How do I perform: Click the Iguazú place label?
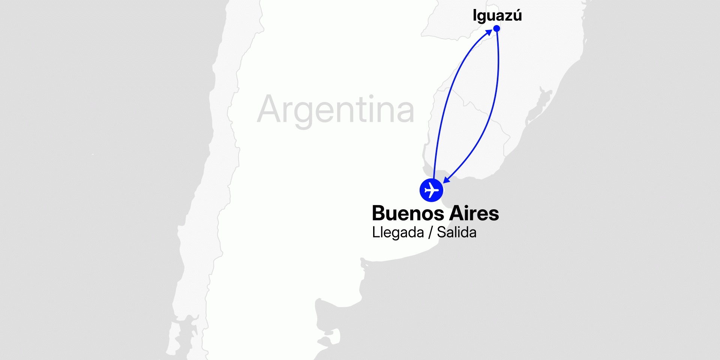(x=497, y=16)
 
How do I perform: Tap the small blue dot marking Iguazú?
(x=496, y=28)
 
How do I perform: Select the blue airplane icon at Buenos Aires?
(x=431, y=190)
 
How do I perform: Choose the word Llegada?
(x=398, y=232)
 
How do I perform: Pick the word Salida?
(x=457, y=232)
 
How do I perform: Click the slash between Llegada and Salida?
(x=430, y=232)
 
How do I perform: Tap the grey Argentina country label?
(x=336, y=109)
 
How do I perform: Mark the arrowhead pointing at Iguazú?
(x=489, y=32)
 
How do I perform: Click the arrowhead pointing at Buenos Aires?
(x=446, y=180)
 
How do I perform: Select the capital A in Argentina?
(x=269, y=109)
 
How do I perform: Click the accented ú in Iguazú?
(x=517, y=15)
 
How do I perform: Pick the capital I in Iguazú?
(x=475, y=15)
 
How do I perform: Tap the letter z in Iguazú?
(x=508, y=16)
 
